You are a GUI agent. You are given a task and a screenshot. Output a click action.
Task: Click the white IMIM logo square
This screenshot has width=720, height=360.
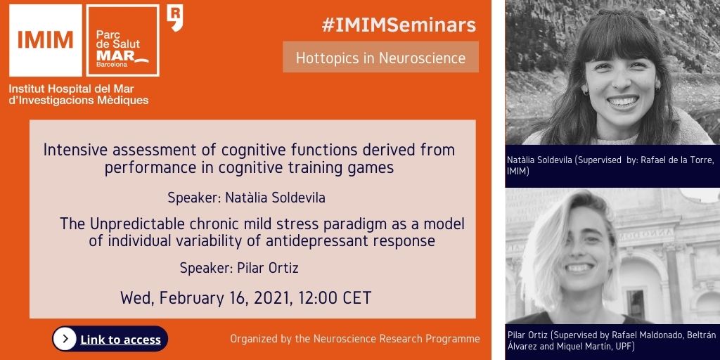click(46, 40)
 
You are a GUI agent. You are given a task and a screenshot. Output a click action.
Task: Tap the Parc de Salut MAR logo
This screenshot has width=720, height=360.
click(122, 40)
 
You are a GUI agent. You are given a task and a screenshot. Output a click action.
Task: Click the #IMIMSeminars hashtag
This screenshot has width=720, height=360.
click(399, 26)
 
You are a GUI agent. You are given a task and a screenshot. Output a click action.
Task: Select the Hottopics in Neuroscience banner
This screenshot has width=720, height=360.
click(380, 58)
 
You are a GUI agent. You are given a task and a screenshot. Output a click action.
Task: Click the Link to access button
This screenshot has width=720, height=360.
click(110, 339)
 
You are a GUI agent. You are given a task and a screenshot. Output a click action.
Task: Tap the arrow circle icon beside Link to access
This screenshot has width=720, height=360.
click(65, 339)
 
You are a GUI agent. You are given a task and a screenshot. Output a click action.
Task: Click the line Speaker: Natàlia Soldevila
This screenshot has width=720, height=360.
click(247, 198)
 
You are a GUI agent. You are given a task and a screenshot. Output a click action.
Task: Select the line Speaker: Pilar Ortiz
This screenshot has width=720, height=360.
click(239, 268)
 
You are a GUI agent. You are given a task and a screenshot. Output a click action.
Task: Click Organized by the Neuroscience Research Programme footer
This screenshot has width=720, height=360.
click(355, 339)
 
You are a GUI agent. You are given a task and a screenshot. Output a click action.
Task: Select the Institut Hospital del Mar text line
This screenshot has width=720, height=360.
click(72, 89)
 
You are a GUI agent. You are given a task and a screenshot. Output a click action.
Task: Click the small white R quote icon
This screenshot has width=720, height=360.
click(175, 18)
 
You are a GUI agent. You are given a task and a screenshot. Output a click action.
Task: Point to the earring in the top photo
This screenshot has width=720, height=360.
click(585, 91)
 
